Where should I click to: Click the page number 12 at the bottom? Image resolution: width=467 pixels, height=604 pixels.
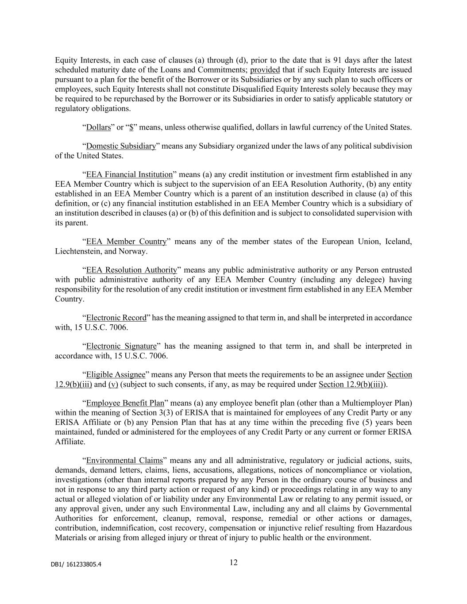click(234, 562)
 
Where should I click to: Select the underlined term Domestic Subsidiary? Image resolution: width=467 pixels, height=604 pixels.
click(121, 146)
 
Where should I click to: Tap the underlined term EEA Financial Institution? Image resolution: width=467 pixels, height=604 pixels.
click(129, 174)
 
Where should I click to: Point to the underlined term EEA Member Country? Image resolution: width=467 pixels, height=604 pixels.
click(126, 242)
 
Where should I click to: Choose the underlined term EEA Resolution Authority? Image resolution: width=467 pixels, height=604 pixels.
click(131, 270)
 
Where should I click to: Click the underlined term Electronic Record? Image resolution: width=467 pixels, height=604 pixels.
click(116, 318)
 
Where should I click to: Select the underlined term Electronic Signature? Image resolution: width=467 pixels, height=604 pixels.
click(121, 346)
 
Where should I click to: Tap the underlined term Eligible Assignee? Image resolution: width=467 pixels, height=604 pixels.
click(116, 375)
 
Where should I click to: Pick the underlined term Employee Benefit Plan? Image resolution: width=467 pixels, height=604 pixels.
click(125, 403)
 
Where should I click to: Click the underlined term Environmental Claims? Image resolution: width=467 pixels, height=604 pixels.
click(124, 460)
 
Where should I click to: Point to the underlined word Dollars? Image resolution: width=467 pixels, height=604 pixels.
click(98, 127)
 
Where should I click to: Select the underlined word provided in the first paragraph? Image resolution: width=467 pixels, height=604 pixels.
click(265, 70)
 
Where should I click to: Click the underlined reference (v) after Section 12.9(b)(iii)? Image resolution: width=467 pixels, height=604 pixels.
click(113, 384)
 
